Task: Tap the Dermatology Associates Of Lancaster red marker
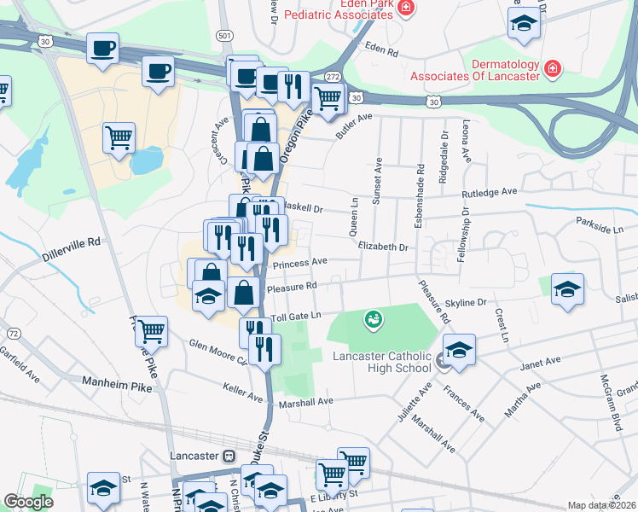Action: [552, 67]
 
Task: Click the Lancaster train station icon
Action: [229, 456]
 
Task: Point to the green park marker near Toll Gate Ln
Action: [373, 321]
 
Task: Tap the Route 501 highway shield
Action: [223, 35]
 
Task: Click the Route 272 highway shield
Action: [333, 77]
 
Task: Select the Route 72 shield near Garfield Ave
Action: [13, 332]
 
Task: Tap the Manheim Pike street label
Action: [117, 387]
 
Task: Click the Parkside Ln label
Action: [600, 229]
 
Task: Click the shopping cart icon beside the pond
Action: [119, 137]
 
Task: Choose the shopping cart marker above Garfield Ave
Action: [152, 329]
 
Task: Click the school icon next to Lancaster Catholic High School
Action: [459, 351]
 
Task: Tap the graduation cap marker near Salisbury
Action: [567, 290]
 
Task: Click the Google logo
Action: [29, 502]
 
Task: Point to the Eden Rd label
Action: [381, 50]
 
